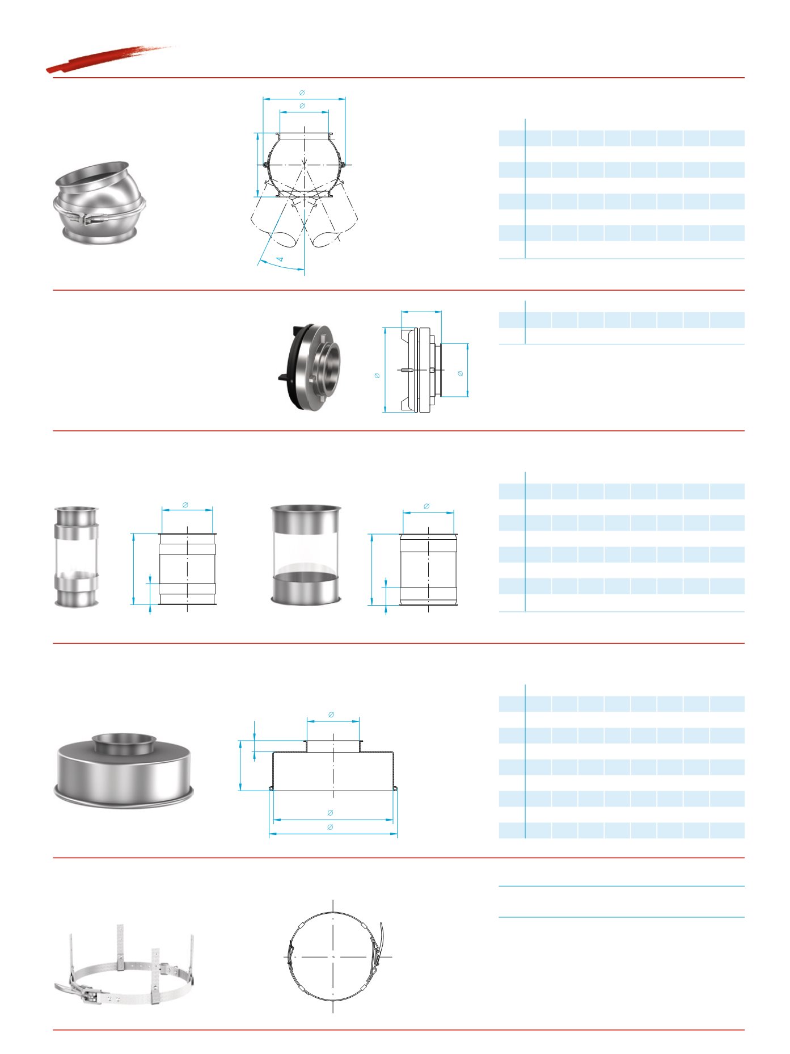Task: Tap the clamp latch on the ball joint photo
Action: [87, 219]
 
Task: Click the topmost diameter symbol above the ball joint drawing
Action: [302, 93]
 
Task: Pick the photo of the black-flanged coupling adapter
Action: [310, 366]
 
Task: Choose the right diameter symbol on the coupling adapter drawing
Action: [460, 373]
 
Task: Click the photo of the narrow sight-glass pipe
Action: [77, 556]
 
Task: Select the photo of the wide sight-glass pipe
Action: [306, 555]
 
